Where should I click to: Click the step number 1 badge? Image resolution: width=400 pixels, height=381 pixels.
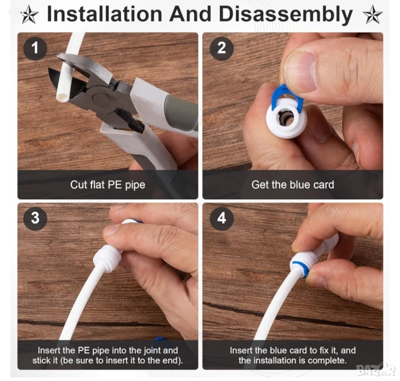tap(35, 48)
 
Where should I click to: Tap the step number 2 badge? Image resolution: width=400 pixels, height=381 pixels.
tap(221, 48)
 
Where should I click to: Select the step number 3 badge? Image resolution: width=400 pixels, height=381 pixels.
tap(35, 218)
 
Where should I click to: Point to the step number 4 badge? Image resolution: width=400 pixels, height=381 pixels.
tap(221, 218)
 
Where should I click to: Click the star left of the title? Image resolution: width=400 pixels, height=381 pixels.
tap(30, 15)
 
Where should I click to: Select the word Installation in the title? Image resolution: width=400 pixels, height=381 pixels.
tap(104, 14)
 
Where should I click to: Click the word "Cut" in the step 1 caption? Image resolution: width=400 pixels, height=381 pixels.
tap(79, 185)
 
